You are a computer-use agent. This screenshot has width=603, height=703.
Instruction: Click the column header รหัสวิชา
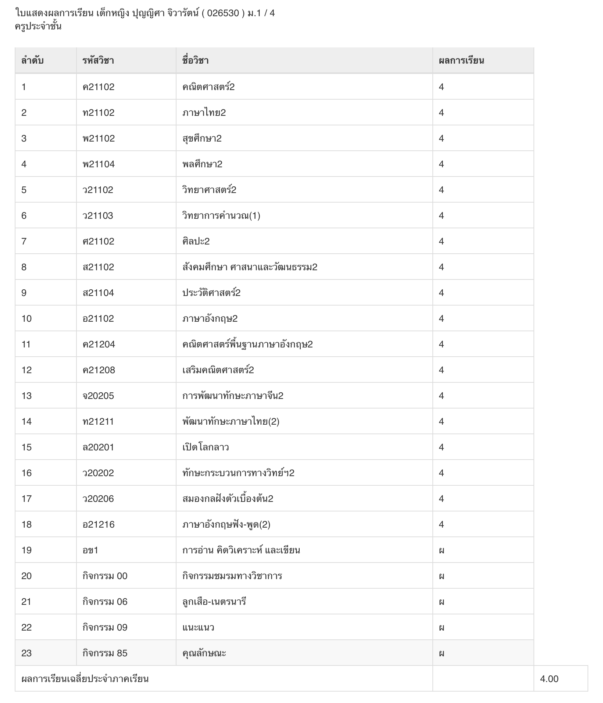point(98,61)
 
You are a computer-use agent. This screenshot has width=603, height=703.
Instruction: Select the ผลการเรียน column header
point(461,61)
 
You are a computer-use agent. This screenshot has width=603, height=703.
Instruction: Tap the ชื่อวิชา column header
point(195,61)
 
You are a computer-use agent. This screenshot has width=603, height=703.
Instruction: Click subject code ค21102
point(99,87)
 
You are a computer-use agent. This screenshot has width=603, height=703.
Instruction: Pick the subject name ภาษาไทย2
point(204,113)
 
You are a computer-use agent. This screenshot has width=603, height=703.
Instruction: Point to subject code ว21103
point(98,215)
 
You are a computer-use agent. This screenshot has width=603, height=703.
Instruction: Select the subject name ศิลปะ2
point(196,241)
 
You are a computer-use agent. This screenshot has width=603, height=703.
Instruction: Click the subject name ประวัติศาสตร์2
point(211,293)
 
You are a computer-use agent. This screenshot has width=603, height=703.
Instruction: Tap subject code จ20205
point(98,396)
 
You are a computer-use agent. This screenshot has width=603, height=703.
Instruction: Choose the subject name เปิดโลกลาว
point(206,447)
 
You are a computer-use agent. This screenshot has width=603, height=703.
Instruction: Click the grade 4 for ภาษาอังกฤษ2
point(441,318)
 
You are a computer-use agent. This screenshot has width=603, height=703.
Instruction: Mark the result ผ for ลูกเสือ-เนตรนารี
point(442,602)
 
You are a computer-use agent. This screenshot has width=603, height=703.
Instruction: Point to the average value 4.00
point(549,679)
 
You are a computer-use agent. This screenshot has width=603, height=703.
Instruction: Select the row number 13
point(26,396)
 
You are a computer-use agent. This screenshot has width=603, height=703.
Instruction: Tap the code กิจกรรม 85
point(105,653)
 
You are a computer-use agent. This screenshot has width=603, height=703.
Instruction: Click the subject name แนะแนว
point(198,627)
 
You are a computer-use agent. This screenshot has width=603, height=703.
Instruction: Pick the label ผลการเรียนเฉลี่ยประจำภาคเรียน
point(85,679)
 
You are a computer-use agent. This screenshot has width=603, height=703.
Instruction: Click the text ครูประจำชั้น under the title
point(38,26)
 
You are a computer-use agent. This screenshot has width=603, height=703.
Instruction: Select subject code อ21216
point(99,524)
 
